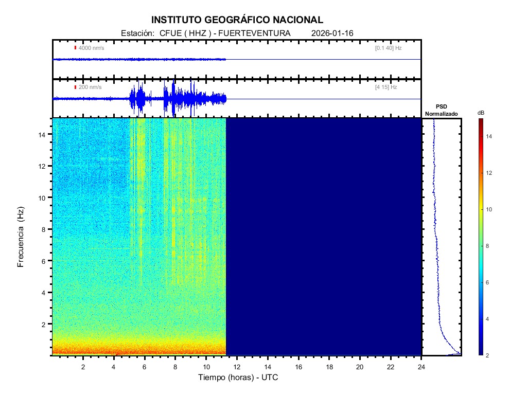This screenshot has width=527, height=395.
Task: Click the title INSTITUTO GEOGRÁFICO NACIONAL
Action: click(x=237, y=20)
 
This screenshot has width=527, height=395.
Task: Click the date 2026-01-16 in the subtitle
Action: click(x=332, y=33)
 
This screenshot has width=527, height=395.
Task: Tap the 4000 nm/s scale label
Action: click(x=91, y=48)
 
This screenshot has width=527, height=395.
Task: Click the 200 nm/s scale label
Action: click(x=90, y=87)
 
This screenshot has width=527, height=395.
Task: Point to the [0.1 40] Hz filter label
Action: click(x=388, y=48)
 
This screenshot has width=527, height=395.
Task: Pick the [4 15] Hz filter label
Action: click(x=386, y=87)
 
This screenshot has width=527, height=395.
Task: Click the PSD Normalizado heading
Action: click(x=441, y=110)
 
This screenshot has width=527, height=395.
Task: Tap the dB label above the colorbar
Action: click(x=481, y=113)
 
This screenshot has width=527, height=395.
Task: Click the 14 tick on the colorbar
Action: click(x=490, y=136)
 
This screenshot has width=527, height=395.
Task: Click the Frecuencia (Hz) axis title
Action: click(x=21, y=237)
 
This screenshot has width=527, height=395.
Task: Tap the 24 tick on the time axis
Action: click(x=421, y=366)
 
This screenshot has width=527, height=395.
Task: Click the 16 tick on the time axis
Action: click(x=298, y=366)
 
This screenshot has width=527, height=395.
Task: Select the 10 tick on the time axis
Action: click(x=206, y=366)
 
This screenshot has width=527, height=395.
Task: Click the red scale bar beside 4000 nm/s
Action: click(x=75, y=48)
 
